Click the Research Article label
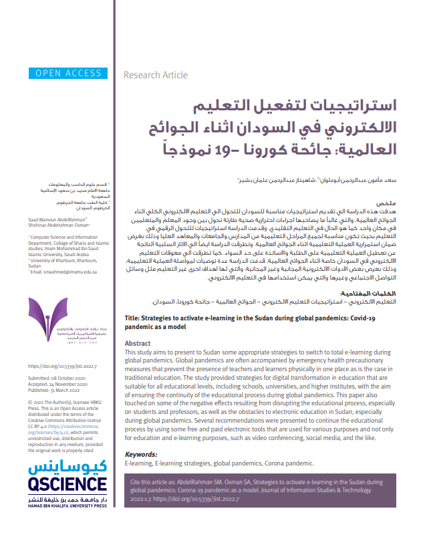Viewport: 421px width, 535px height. tap(156, 75)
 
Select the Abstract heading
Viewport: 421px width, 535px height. tap(138, 343)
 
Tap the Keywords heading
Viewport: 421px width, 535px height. tap(142, 453)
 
